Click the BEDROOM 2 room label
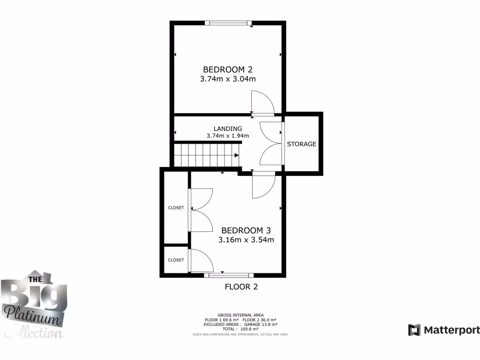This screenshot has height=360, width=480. click(x=228, y=69)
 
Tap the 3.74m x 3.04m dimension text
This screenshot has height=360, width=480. click(x=228, y=79)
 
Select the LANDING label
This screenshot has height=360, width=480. click(x=228, y=128)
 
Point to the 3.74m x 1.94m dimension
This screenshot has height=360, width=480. click(x=228, y=136)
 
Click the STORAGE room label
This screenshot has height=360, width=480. click(x=301, y=144)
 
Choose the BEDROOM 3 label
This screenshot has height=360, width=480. click(x=246, y=230)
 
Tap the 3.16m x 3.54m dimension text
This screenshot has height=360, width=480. click(x=246, y=240)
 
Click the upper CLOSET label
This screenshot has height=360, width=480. click(x=176, y=208)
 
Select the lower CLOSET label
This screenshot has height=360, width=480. click(x=176, y=260)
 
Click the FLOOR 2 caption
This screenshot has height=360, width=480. click(x=241, y=287)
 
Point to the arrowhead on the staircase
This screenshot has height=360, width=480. click(x=236, y=155)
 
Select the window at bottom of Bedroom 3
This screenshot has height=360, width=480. click(x=229, y=275)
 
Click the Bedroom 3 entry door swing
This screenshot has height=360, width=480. click(x=263, y=186)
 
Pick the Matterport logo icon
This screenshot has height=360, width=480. click(x=414, y=330)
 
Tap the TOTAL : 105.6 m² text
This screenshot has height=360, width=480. click(x=240, y=329)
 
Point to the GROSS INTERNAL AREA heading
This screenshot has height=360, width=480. click(x=240, y=315)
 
